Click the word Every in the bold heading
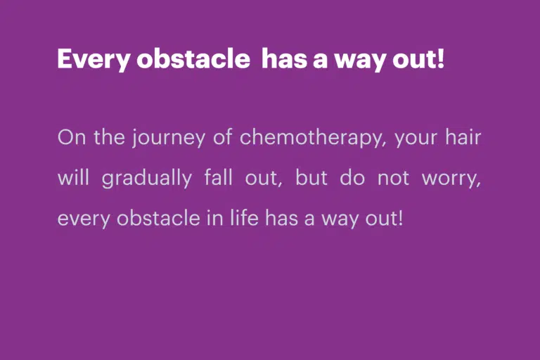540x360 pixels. point(94,59)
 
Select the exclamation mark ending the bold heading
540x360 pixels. point(440,58)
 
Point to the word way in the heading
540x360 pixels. point(361,60)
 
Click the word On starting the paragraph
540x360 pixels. point(72,137)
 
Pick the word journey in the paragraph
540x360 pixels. point(169,139)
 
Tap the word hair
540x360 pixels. point(463,137)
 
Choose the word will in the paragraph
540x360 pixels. point(73,178)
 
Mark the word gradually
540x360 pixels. point(147,179)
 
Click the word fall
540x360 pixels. point(219,178)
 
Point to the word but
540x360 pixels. point(311,178)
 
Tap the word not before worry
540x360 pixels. point(393,179)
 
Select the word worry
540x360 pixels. point(451,180)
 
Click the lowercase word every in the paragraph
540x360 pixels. point(84,220)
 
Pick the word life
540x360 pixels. point(244,218)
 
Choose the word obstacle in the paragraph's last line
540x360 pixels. point(158,218)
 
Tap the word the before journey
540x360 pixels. point(110,137)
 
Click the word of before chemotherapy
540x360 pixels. point(222,137)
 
